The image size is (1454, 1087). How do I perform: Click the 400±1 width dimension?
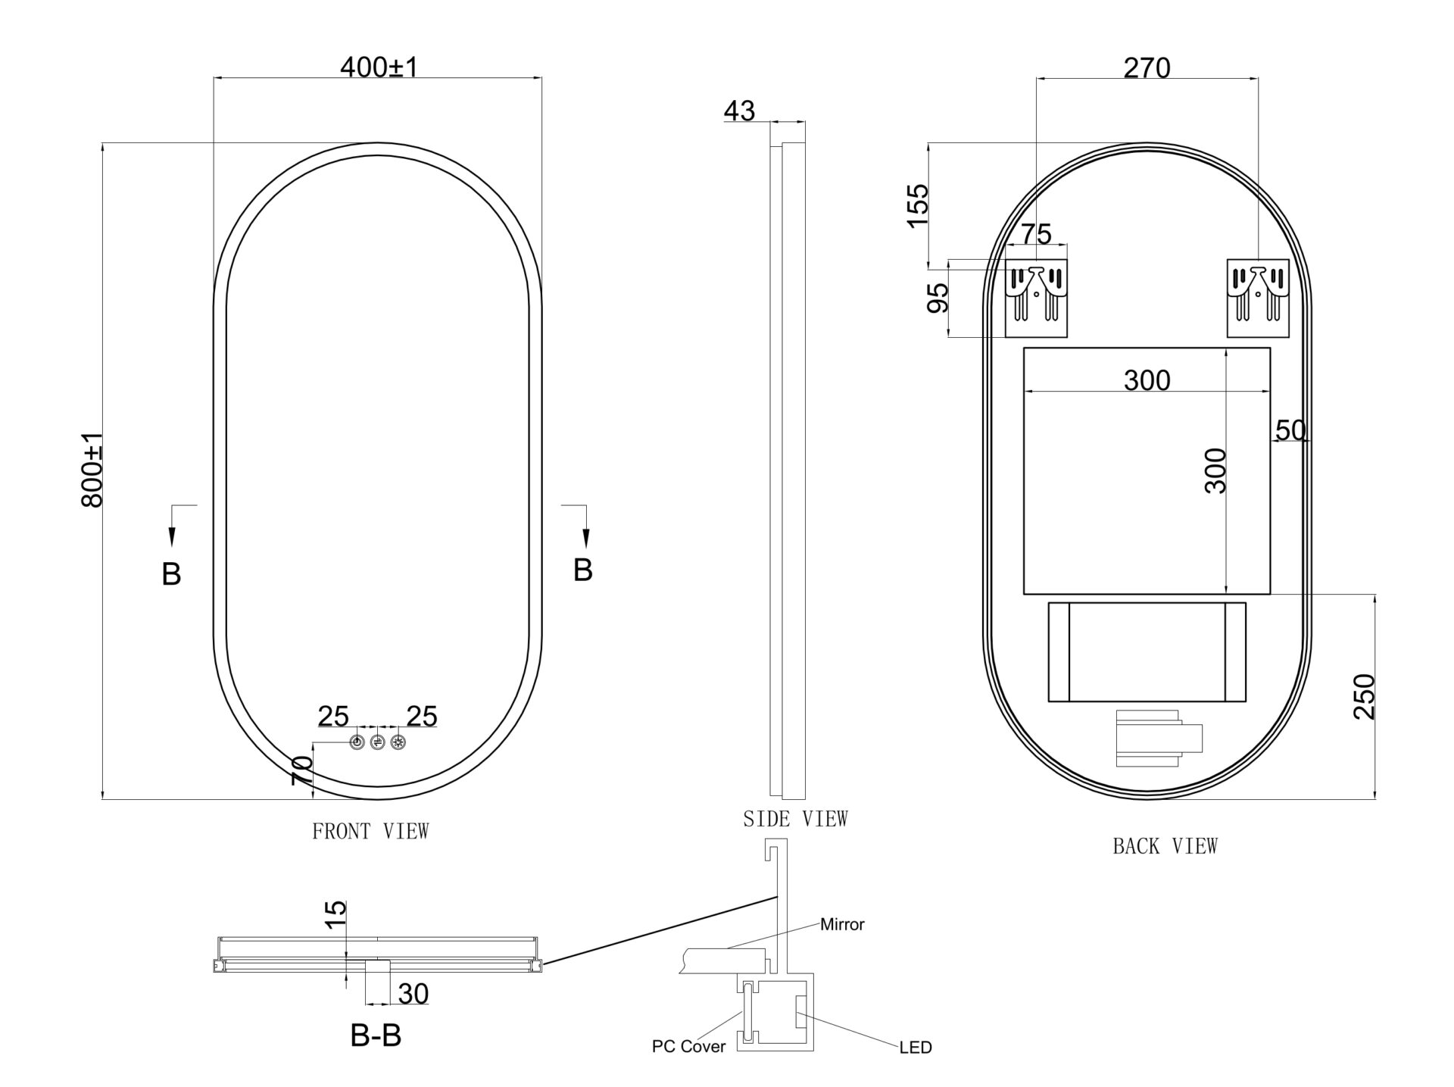[x=379, y=67]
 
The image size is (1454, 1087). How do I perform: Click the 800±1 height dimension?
[x=92, y=470]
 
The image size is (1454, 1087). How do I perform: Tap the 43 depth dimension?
[x=739, y=111]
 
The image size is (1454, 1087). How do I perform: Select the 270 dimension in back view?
[x=1147, y=68]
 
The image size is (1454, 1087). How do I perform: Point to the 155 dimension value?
[x=917, y=205]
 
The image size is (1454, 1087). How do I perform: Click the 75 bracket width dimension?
[x=1036, y=234]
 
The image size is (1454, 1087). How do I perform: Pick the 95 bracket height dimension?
[x=938, y=298]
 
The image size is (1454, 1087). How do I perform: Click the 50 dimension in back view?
[x=1290, y=430]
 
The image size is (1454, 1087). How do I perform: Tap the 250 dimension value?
[x=1363, y=696]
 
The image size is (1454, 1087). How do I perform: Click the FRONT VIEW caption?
[x=370, y=831]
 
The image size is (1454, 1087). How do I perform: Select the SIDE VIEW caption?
[x=795, y=819]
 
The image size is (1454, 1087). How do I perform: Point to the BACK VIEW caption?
[x=1165, y=846]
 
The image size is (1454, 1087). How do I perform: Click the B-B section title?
[x=376, y=1035]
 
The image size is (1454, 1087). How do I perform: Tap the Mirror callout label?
[x=842, y=924]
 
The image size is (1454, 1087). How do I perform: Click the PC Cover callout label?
[x=688, y=1047]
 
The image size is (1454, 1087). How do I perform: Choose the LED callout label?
[x=916, y=1048]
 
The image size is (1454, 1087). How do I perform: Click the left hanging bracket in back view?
[x=1036, y=298]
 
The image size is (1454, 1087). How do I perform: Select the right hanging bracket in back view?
[x=1258, y=298]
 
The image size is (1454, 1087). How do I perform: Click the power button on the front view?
[x=357, y=742]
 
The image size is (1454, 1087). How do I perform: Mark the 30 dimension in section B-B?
[x=413, y=993]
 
